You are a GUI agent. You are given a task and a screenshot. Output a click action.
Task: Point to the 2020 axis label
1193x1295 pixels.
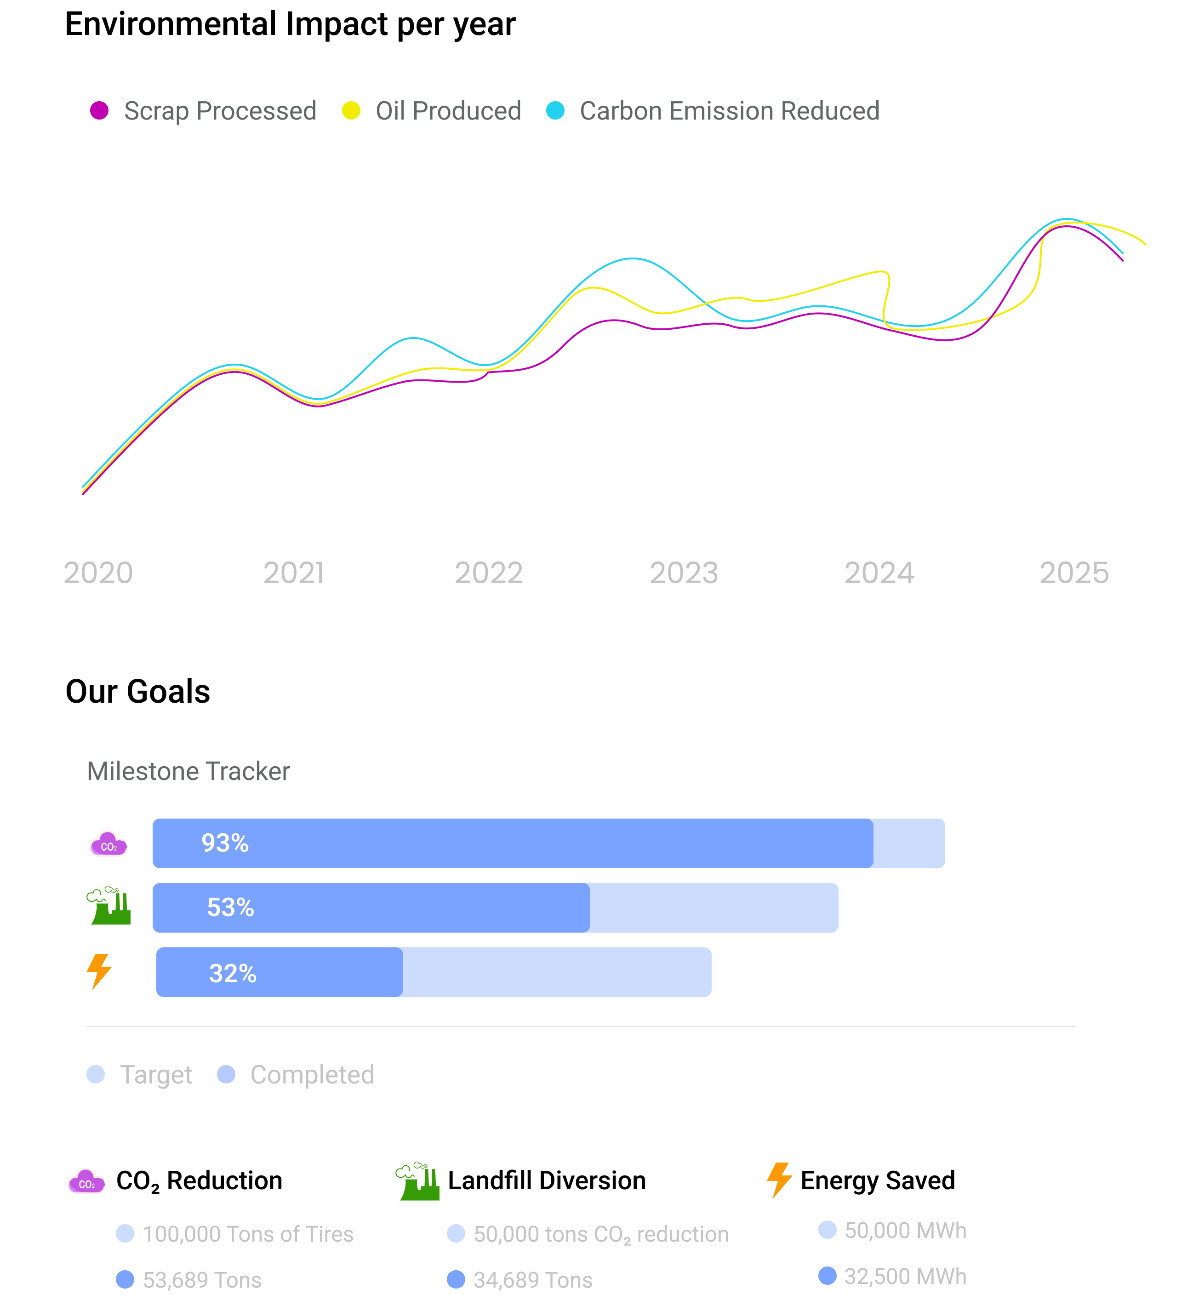pyautogui.click(x=98, y=573)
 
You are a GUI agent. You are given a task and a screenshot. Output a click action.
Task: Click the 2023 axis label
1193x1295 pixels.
pyautogui.click(x=684, y=573)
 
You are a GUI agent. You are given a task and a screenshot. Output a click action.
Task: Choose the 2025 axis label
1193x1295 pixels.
pyautogui.click(x=1073, y=573)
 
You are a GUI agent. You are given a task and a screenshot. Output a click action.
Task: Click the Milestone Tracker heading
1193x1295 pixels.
pyautogui.click(x=188, y=771)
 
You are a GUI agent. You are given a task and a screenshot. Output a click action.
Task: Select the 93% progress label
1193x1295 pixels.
pyautogui.click(x=225, y=843)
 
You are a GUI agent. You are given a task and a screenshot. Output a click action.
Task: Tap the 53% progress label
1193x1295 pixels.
pyautogui.click(x=230, y=907)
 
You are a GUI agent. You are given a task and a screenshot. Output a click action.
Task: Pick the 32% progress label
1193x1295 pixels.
pyautogui.click(x=233, y=974)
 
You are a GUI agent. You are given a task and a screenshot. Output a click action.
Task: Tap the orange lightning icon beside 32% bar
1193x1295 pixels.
pyautogui.click(x=99, y=971)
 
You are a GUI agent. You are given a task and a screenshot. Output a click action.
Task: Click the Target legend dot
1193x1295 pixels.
pyautogui.click(x=96, y=1075)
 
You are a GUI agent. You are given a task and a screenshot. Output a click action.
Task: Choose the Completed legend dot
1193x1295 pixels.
pyautogui.click(x=226, y=1075)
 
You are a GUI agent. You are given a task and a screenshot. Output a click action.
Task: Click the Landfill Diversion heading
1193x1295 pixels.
pyautogui.click(x=546, y=1180)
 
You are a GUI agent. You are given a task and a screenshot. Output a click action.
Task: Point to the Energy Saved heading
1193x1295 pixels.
pyautogui.click(x=877, y=1180)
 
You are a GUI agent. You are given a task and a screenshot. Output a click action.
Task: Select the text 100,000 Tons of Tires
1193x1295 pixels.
pyautogui.click(x=248, y=1234)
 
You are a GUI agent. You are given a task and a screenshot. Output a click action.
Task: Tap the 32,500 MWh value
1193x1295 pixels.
pyautogui.click(x=905, y=1276)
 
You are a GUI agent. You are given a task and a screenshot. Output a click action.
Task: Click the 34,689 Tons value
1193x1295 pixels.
pyautogui.click(x=532, y=1279)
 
